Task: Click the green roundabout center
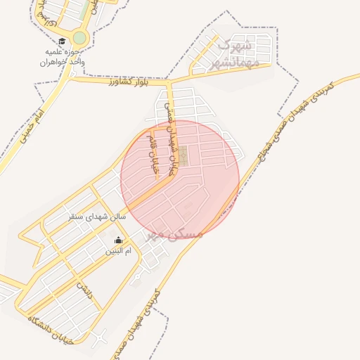point(79,37)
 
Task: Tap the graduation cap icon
point(62,41)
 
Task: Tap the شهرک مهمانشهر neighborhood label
point(236,54)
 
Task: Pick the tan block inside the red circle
point(182,156)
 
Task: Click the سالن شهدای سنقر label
point(97,217)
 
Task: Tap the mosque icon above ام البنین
point(117,240)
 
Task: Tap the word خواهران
point(60,62)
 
